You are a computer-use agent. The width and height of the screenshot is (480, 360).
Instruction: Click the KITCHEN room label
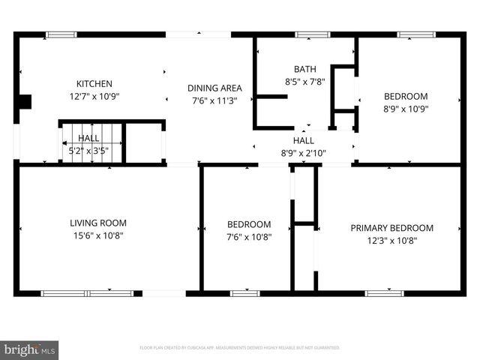coord(94,83)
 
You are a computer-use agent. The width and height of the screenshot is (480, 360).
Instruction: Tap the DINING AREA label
coord(214,88)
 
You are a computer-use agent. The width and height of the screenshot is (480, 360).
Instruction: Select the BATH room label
coord(304,68)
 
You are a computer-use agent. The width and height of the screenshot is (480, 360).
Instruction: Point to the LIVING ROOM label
coord(97,223)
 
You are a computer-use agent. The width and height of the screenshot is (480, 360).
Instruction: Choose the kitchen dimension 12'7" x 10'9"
coord(94,96)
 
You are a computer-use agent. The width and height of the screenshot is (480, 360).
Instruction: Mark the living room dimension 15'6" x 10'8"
coord(97,235)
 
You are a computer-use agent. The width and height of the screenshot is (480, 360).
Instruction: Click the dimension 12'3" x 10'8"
coord(391,241)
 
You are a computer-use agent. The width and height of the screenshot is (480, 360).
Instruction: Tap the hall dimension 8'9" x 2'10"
coord(304,153)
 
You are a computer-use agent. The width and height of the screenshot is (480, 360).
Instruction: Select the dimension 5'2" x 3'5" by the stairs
coord(88,150)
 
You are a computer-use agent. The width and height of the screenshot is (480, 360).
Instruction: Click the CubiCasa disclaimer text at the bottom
coord(240,348)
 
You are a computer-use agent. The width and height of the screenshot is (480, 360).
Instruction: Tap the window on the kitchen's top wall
coord(60,34)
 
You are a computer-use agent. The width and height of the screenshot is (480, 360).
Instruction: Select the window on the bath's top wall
coord(307,34)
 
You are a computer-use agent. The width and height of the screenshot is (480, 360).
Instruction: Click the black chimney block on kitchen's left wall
coord(25,102)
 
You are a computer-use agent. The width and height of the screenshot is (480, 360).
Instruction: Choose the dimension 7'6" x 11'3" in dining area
coord(214,100)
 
